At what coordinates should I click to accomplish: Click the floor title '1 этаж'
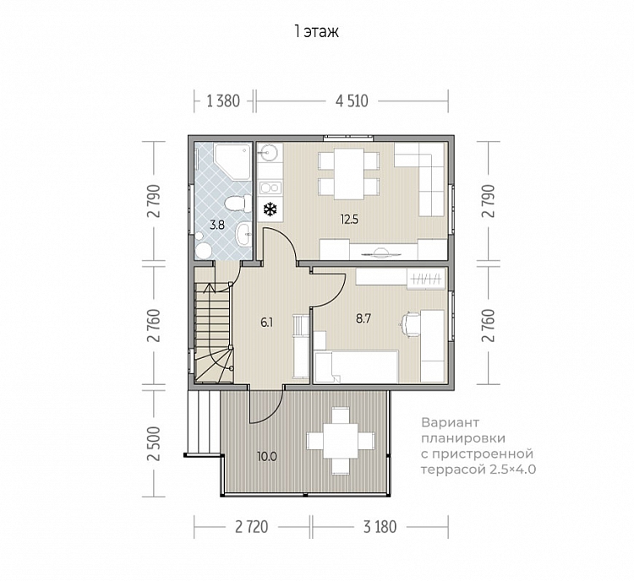click(317, 31)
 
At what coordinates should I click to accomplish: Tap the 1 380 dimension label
click(223, 101)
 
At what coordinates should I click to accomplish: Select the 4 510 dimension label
click(352, 101)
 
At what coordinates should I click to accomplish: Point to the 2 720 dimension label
click(252, 527)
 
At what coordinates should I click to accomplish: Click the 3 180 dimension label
click(380, 527)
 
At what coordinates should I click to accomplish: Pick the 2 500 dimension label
click(154, 443)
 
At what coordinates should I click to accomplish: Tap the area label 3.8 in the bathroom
click(217, 225)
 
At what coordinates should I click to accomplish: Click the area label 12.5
click(349, 220)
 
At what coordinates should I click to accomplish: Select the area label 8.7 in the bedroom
click(363, 318)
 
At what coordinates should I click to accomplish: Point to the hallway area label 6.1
click(267, 323)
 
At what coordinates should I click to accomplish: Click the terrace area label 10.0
click(267, 457)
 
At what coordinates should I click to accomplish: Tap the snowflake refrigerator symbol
click(271, 209)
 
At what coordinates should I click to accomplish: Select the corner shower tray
click(232, 161)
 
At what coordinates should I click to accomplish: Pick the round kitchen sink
click(267, 153)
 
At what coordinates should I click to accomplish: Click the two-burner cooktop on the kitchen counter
click(271, 187)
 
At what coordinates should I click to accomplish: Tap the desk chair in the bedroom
click(410, 324)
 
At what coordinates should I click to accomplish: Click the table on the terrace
click(341, 441)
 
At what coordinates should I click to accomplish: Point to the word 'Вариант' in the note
click(450, 423)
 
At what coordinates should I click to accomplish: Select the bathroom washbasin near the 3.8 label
click(243, 234)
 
